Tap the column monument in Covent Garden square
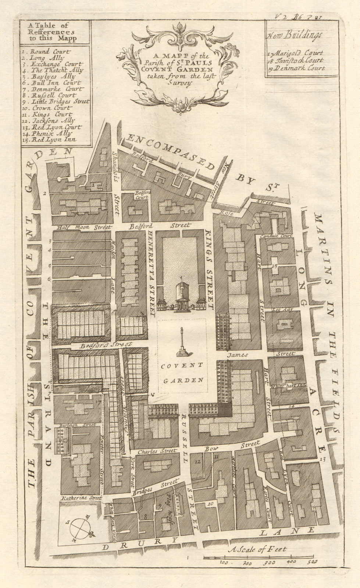182,342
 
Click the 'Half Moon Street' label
82,227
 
